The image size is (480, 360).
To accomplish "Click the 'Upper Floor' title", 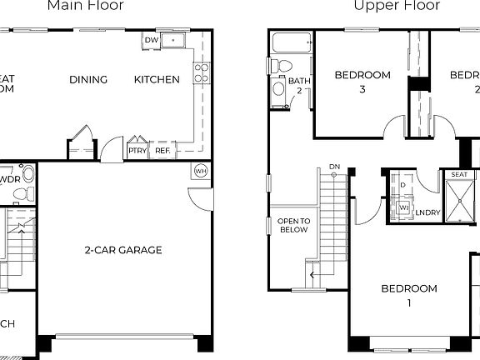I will pyautogui.click(x=386, y=6).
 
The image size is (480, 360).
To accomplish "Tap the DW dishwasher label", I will pyautogui.click(x=151, y=40).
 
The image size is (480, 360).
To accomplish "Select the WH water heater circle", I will pyautogui.click(x=201, y=171).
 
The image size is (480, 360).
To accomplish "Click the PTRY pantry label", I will pyautogui.click(x=137, y=151).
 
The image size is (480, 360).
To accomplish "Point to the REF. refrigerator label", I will pyautogui.click(x=162, y=151).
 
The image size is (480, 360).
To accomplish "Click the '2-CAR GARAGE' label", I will pyautogui.click(x=122, y=250).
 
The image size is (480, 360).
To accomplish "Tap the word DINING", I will pyautogui.click(x=88, y=80).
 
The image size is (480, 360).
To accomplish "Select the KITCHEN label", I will pyautogui.click(x=157, y=80).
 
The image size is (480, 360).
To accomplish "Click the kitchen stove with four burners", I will pyautogui.click(x=201, y=73).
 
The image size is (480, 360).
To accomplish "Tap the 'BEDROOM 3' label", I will pyautogui.click(x=362, y=82).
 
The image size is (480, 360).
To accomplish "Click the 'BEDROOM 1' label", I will pyautogui.click(x=409, y=296).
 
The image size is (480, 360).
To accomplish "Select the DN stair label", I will pyautogui.click(x=335, y=166).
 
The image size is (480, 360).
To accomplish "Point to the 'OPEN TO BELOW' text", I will pyautogui.click(x=292, y=225).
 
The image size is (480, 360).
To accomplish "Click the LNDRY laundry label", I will pyautogui.click(x=427, y=213).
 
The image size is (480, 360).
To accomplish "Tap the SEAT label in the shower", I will pyautogui.click(x=459, y=175).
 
